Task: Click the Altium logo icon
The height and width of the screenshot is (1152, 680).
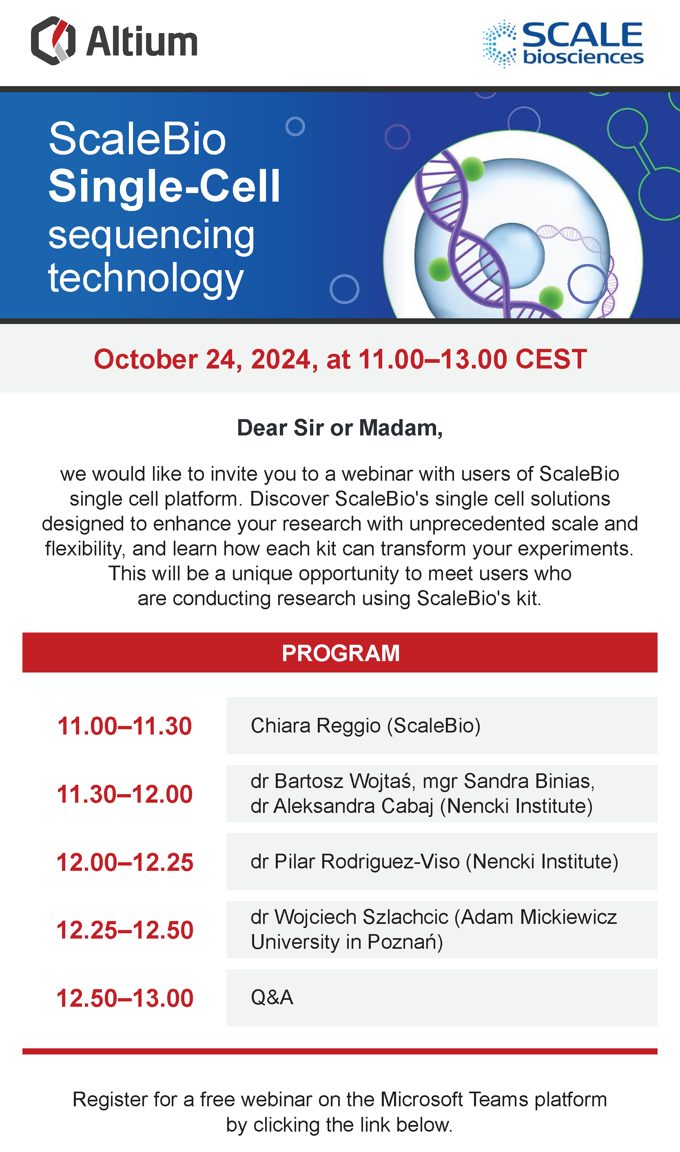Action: point(53,41)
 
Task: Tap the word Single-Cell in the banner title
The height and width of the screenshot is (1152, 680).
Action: point(164,186)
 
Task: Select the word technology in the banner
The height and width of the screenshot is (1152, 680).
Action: point(146,278)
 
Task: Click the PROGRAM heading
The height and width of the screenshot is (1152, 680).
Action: point(341,653)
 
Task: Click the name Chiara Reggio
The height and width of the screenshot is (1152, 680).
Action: point(316,726)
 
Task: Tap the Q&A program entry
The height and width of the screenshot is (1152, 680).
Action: point(272,997)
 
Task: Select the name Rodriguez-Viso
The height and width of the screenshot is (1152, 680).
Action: point(390,862)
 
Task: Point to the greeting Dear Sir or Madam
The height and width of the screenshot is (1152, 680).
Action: point(339,428)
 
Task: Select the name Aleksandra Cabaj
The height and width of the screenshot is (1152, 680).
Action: point(353,806)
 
